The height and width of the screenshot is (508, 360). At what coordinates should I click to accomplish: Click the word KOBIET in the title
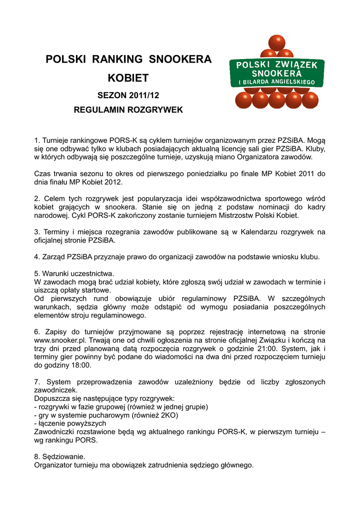[129, 78]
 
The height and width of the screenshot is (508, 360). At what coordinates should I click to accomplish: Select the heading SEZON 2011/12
[128, 95]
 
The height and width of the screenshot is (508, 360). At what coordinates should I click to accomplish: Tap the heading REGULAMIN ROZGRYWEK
[128, 110]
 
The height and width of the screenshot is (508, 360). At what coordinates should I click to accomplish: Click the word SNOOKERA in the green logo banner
[277, 73]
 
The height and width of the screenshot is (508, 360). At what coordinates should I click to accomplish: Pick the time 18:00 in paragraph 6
[81, 366]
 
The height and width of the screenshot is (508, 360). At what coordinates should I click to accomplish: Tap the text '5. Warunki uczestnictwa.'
[74, 274]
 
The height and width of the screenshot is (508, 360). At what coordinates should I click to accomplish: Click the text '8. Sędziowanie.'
[59, 457]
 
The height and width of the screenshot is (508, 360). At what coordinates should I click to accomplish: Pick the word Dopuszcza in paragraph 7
[52, 398]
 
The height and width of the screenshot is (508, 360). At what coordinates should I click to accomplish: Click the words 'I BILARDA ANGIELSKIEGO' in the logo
[277, 82]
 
